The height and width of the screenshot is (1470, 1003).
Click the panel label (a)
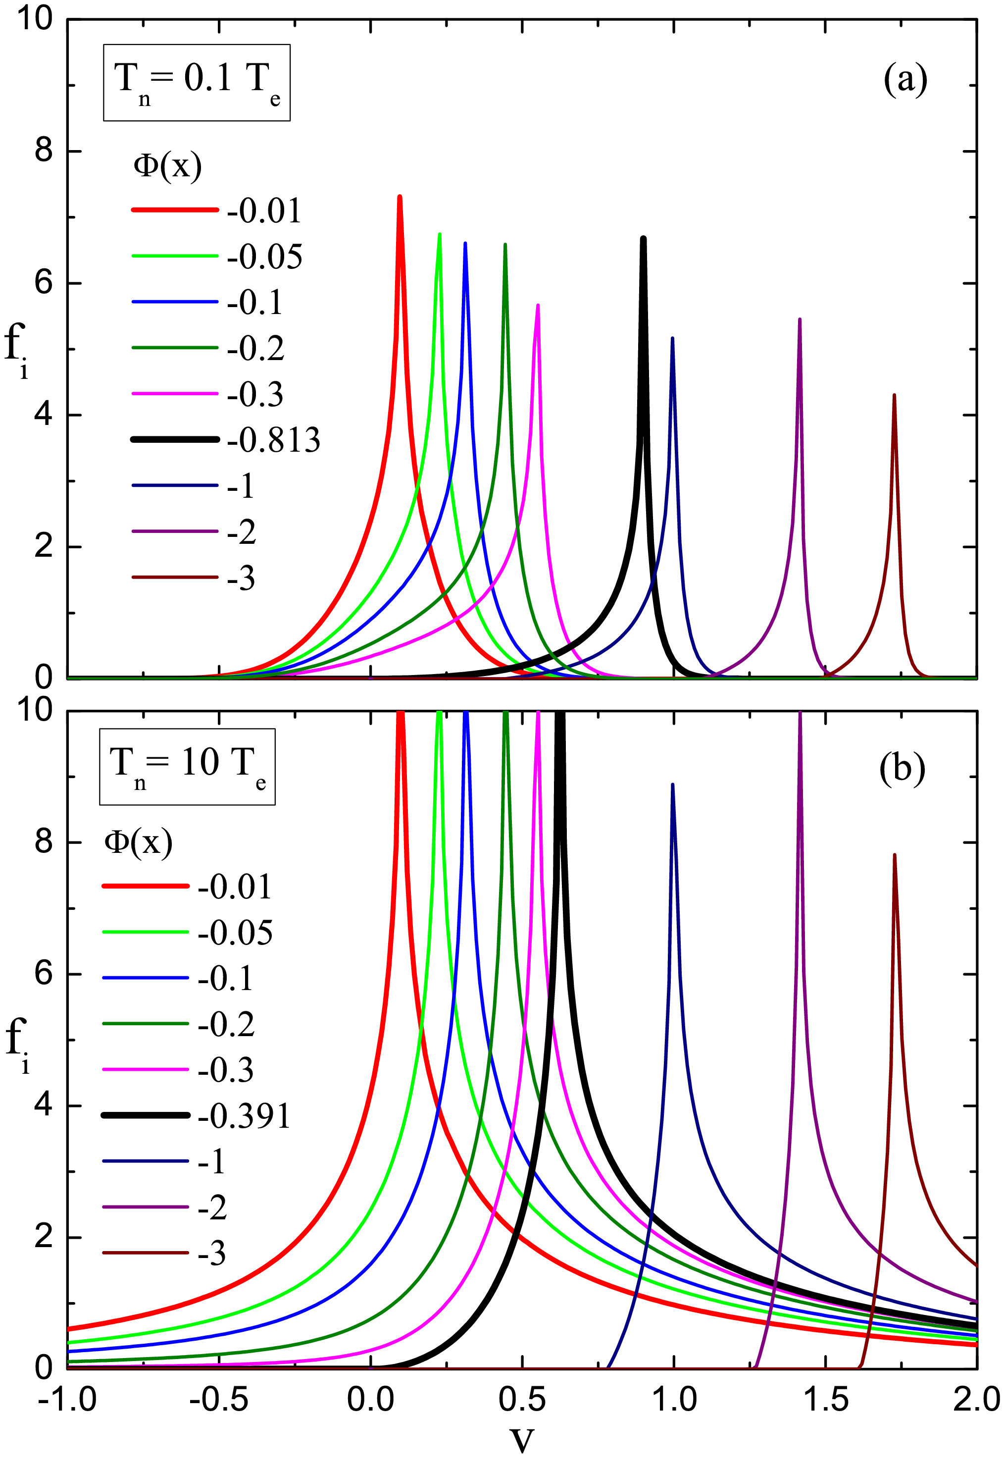point(905,80)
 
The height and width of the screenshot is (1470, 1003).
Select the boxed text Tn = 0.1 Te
point(197,82)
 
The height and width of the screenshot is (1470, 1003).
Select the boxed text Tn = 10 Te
point(187,766)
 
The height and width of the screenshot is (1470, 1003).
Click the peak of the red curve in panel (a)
point(399,197)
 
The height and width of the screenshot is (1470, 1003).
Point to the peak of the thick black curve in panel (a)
point(643,238)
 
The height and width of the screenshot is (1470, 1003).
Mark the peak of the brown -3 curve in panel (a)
point(894,395)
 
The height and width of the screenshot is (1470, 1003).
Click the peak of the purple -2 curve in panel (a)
point(800,319)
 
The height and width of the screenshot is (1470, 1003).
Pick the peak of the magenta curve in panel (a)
point(538,306)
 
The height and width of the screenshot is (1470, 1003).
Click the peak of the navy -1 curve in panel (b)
point(672,785)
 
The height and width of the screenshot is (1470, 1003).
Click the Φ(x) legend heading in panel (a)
point(168,166)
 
